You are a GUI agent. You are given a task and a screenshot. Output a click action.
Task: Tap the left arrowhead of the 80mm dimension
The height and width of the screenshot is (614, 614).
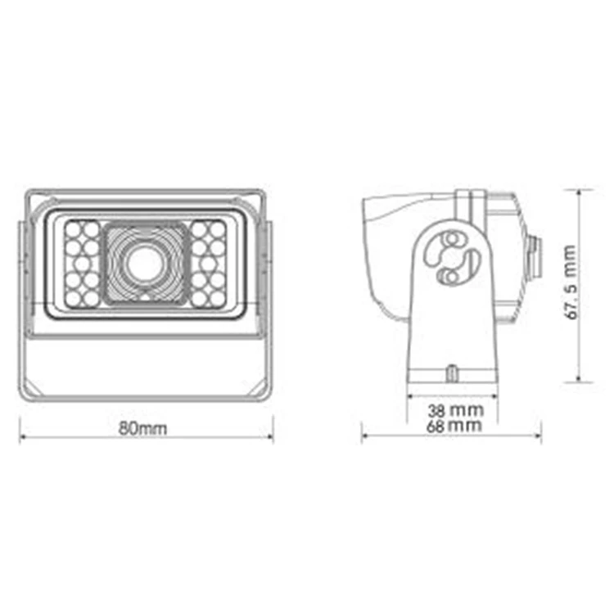[22, 437]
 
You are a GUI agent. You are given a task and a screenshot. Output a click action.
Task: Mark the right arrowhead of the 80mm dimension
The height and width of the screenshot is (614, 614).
[270, 437]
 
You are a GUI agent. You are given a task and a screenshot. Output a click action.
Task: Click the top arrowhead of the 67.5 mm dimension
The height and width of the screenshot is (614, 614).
[580, 192]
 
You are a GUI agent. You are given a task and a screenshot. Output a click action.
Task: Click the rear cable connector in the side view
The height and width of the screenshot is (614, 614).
[535, 255]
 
